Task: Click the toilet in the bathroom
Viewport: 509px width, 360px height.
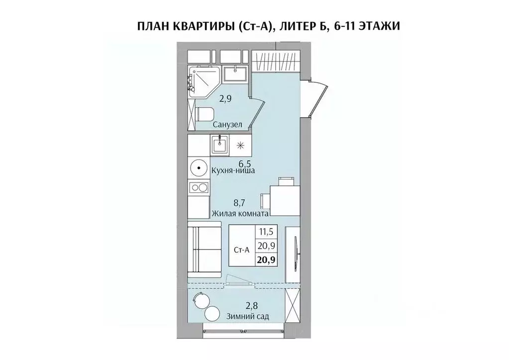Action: (204, 114)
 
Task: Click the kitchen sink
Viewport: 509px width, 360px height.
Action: (219, 145)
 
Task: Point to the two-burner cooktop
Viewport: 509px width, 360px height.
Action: (200, 188)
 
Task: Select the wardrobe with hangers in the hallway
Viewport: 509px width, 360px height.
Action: (276, 63)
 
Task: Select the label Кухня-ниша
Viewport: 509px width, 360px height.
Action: (233, 171)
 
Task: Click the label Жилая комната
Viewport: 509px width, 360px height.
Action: (240, 214)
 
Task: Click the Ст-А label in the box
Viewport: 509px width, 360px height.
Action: (241, 250)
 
